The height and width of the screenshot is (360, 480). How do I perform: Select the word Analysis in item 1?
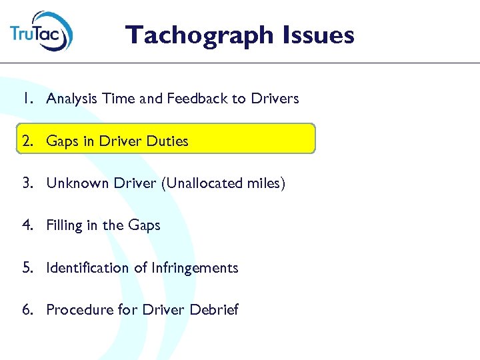[x=71, y=99]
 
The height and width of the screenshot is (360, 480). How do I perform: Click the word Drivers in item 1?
[x=275, y=99]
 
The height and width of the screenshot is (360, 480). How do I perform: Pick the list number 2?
[x=27, y=141]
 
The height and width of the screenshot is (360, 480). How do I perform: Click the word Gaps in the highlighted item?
[x=62, y=142]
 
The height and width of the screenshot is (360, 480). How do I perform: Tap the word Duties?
[x=167, y=141]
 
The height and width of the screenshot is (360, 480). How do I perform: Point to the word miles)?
[x=267, y=183]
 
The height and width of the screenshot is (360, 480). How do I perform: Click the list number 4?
[x=27, y=225]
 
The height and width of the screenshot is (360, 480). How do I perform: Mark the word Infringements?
[x=195, y=268]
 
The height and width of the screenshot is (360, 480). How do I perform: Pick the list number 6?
[x=27, y=310]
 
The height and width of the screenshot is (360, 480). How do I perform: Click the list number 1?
[x=27, y=99]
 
